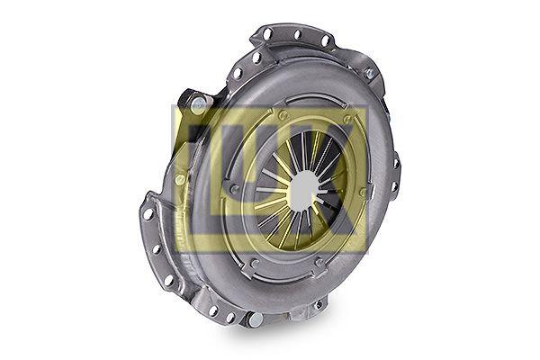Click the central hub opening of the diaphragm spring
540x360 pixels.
304,189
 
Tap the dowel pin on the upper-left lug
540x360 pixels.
198,103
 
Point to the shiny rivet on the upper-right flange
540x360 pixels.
369,73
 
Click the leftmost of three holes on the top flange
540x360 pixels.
267,33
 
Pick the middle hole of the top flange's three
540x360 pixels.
298,35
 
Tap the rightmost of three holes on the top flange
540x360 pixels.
324,41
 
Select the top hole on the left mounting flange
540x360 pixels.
148,214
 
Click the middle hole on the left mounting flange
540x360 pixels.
157,248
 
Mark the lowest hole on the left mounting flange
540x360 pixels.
168,280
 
